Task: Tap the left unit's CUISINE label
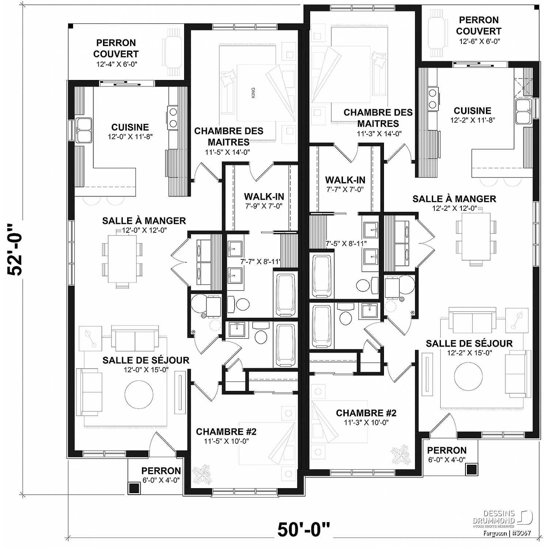point(130,127)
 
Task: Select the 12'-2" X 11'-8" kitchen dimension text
point(472,120)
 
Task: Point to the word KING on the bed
point(254,93)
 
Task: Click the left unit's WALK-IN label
point(264,197)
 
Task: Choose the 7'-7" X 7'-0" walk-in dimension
point(345,189)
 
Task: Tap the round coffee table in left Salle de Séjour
point(139,395)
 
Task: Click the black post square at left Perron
point(134,488)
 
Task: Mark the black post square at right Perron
point(472,469)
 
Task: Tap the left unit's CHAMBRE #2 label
point(226,431)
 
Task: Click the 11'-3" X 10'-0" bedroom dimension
point(366,422)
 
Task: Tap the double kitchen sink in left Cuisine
point(84,130)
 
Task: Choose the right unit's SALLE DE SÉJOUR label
point(469,343)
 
